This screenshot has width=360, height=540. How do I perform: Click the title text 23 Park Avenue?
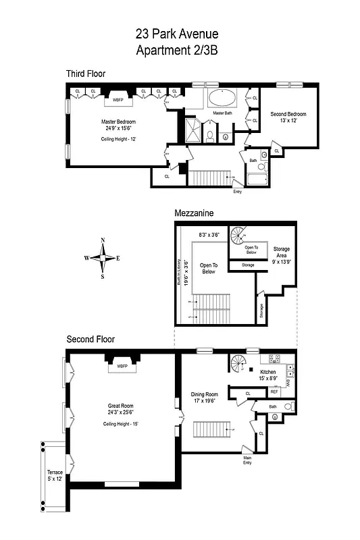click(x=180, y=34)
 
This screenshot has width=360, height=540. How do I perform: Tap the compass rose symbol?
click(x=103, y=258)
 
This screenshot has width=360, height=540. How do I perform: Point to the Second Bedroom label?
click(x=288, y=114)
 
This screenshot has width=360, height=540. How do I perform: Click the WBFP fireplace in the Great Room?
click(x=122, y=367)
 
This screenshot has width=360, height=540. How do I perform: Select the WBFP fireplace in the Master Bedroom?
click(x=118, y=99)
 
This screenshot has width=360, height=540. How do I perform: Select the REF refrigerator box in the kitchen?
click(x=274, y=391)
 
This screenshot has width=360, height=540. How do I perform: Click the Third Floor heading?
click(x=85, y=73)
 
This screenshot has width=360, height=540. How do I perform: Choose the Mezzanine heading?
click(x=194, y=213)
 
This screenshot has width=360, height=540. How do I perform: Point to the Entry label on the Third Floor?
click(x=237, y=191)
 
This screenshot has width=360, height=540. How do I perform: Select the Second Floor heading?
click(x=91, y=339)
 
